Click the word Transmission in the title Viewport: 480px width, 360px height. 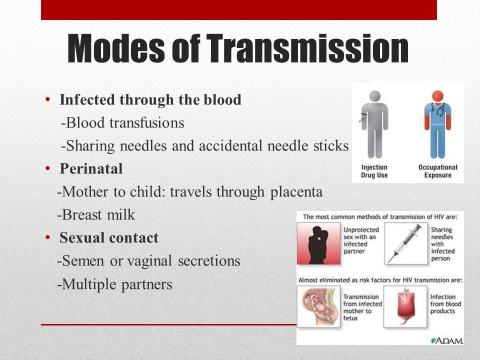pyautogui.click(x=307, y=48)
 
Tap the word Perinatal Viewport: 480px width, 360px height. pyautogui.click(x=91, y=168)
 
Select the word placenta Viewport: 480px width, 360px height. pyautogui.click(x=296, y=192)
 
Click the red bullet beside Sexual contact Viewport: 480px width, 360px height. pyautogui.click(x=47, y=237)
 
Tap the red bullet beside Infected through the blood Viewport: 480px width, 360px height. pyautogui.click(x=47, y=99)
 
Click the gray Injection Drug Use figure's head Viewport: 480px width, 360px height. pyautogui.click(x=374, y=96)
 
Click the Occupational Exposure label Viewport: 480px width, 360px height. pyautogui.click(x=438, y=171)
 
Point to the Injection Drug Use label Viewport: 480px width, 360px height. pyautogui.click(x=374, y=171)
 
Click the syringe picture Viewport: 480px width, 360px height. pyautogui.click(x=406, y=243)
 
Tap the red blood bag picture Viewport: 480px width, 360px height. pyautogui.click(x=405, y=306)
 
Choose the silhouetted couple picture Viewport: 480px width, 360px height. pyautogui.click(x=318, y=243)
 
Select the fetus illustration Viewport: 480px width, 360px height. pyautogui.click(x=318, y=306)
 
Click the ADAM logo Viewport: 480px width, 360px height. pyautogui.click(x=447, y=340)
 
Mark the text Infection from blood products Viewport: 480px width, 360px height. pyautogui.click(x=445, y=304)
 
